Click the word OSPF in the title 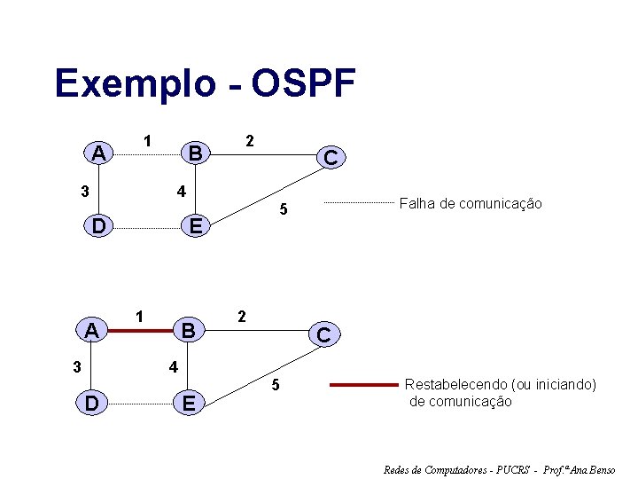303,84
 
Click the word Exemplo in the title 135,84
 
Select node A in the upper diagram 99,153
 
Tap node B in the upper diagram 195,153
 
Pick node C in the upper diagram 330,158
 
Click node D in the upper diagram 99,227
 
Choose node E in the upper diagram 195,228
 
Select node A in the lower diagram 91,331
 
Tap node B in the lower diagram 187,331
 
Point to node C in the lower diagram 323,335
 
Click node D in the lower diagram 91,404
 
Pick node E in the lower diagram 187,404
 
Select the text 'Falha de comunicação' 471,204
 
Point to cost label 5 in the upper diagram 283,210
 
